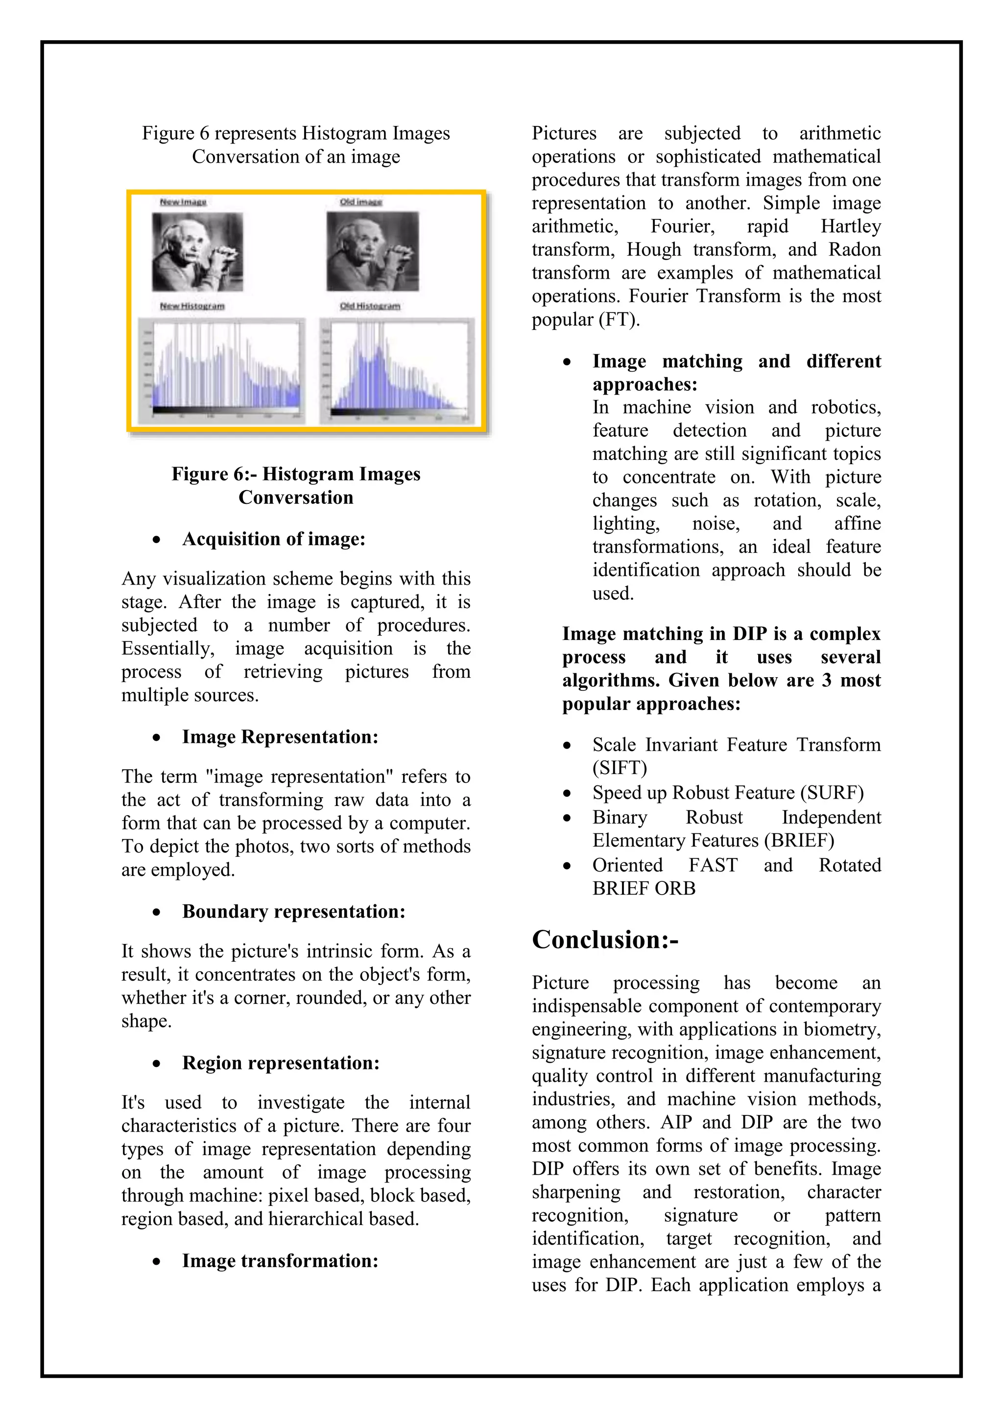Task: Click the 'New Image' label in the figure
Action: [x=183, y=202]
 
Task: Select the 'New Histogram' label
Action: [x=192, y=306]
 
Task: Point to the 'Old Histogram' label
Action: [x=369, y=306]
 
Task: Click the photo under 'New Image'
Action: [x=198, y=252]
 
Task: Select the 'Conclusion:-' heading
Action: [x=605, y=940]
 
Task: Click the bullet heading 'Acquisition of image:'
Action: [x=274, y=539]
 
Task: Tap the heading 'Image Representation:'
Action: [x=280, y=737]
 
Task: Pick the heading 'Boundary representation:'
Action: [x=293, y=912]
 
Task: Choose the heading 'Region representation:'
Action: [x=281, y=1063]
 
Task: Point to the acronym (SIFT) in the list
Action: [x=620, y=768]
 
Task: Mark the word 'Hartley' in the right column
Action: [x=851, y=226]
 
